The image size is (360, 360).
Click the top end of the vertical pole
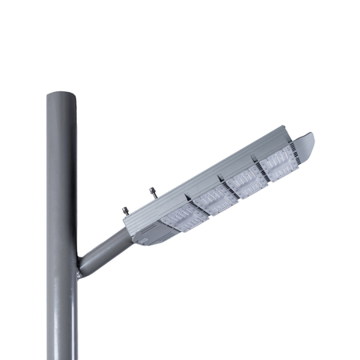coord(61,95)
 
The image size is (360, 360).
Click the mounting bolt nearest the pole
coord(125,210)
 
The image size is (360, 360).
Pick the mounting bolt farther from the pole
coord(151,192)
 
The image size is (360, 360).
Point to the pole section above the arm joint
coord(61,176)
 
